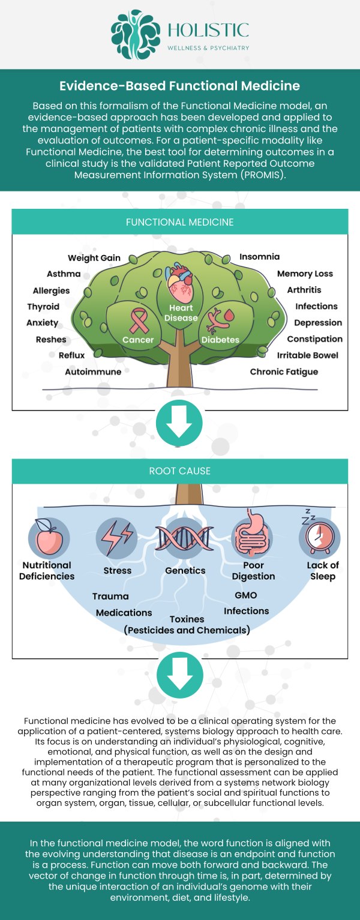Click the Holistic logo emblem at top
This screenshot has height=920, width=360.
pos(136,34)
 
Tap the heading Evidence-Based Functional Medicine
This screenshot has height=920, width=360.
pos(180,86)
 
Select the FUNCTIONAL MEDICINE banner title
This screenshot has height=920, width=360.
pos(180,222)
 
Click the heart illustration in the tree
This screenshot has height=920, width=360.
pos(180,283)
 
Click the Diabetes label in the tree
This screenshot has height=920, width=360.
pos(220,340)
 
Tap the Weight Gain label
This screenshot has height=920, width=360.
pos(94,258)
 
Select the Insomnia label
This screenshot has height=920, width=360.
pos(259,257)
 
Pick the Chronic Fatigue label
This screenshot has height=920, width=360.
pos(284,371)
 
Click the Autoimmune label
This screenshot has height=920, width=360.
pos(93,371)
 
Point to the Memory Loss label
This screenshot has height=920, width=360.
pos(305,274)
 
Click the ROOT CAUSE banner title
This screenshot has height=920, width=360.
pos(180,471)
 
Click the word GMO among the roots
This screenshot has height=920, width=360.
pos(246,595)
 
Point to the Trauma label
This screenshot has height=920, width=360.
pos(110,597)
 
